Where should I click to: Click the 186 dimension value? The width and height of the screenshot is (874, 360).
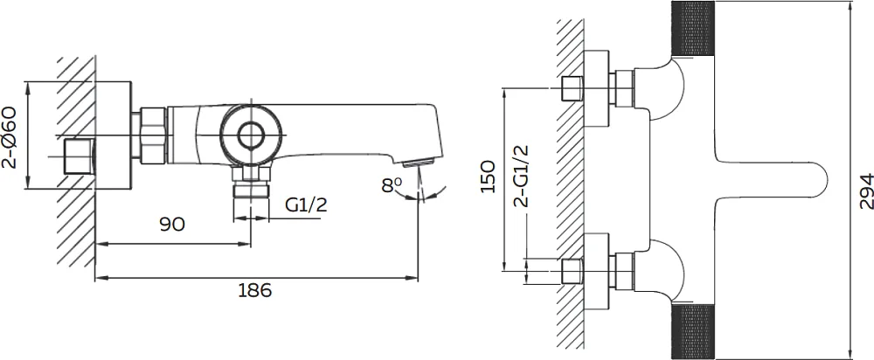pyautogui.click(x=254, y=290)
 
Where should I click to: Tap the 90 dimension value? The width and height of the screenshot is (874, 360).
pyautogui.click(x=172, y=225)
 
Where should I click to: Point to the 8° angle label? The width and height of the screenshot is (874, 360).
pyautogui.click(x=392, y=185)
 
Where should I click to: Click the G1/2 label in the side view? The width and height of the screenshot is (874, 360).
pyautogui.click(x=306, y=205)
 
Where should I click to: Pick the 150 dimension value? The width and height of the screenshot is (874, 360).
pyautogui.click(x=488, y=177)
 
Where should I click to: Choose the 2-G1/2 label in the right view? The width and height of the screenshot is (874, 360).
pyautogui.click(x=521, y=177)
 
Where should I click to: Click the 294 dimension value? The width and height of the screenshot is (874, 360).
pyautogui.click(x=865, y=191)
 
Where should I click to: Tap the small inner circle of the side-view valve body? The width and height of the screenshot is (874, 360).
pyautogui.click(x=250, y=135)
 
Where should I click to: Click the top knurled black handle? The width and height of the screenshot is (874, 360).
pyautogui.click(x=693, y=29)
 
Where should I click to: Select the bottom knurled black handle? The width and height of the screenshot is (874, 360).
pyautogui.click(x=693, y=331)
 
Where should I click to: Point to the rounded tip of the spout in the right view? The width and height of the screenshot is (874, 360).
pyautogui.click(x=825, y=180)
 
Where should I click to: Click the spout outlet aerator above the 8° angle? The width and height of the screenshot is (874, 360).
pyautogui.click(x=418, y=163)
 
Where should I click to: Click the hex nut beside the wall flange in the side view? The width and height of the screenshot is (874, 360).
pyautogui.click(x=153, y=135)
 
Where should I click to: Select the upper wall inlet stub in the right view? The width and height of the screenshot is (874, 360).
pyautogui.click(x=572, y=88)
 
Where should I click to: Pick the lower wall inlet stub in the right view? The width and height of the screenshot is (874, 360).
pyautogui.click(x=572, y=272)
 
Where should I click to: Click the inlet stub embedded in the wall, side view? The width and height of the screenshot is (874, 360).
pyautogui.click(x=80, y=156)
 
